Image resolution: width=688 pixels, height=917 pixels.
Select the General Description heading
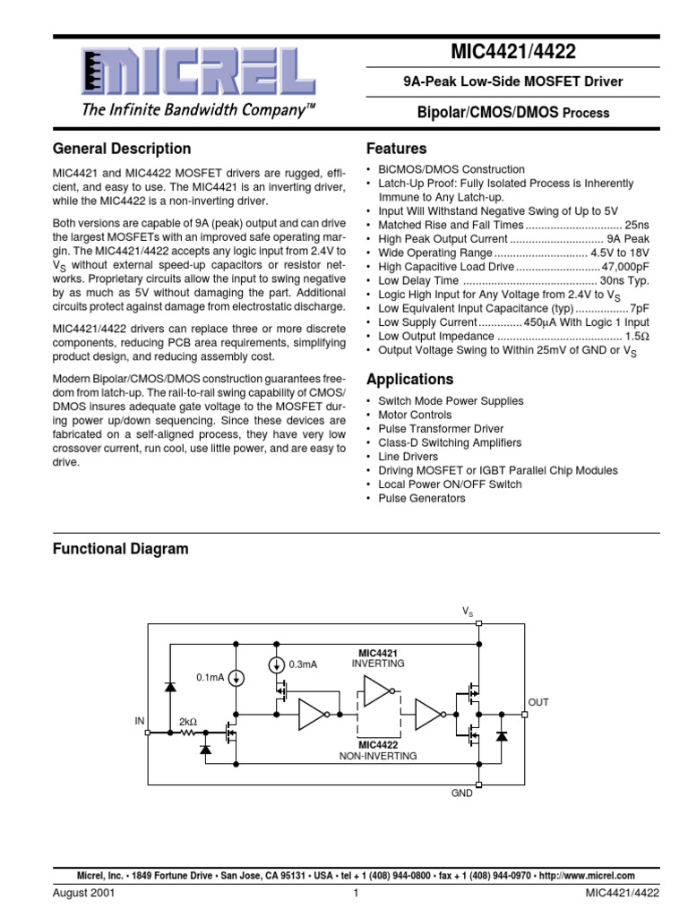point(122,149)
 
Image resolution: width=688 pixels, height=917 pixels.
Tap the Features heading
point(396,149)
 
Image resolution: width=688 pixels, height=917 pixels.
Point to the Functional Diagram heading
point(120,548)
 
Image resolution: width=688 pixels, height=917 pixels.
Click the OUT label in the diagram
point(538,703)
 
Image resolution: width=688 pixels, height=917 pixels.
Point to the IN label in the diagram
point(140,720)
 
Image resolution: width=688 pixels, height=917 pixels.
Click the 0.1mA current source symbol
point(236,678)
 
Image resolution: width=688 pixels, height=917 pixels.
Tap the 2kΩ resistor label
point(188,721)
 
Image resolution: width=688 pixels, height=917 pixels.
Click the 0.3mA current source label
point(304,664)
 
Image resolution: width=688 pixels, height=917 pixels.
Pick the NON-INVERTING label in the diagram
point(378,756)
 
